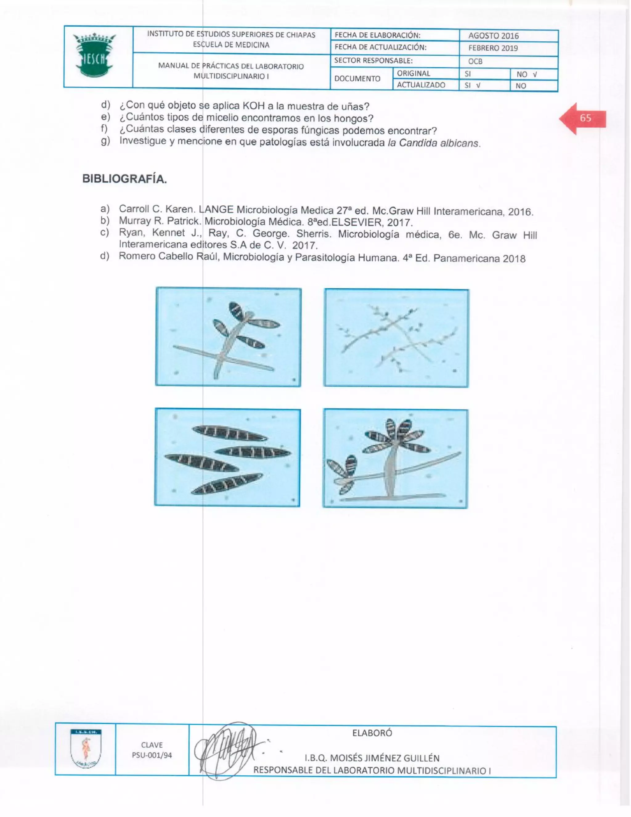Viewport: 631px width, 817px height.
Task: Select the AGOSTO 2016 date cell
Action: pos(494,36)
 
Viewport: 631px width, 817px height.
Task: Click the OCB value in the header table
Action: pos(475,61)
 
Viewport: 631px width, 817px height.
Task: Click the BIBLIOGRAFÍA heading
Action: pos(124,179)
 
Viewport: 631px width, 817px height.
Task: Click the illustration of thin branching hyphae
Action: pos(396,338)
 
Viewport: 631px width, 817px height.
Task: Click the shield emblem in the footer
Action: pos(86,749)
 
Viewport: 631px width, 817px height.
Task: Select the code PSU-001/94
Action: pos(152,755)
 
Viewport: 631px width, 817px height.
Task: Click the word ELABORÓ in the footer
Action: pos(372,733)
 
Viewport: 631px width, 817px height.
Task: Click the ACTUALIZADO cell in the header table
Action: pos(421,85)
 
